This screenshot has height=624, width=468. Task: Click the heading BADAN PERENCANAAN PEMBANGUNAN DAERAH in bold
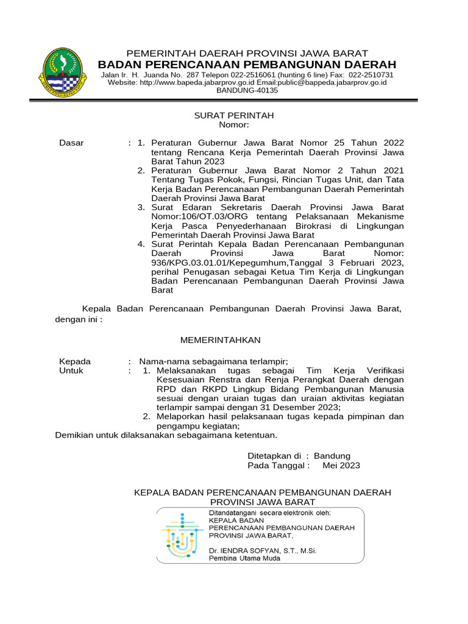(x=247, y=65)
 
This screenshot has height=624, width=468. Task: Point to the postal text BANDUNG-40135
(x=247, y=90)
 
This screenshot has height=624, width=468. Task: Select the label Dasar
(x=71, y=143)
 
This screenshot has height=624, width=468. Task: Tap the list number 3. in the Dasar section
(x=141, y=207)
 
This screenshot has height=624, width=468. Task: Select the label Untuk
(x=71, y=370)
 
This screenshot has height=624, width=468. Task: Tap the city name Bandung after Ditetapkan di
(x=332, y=456)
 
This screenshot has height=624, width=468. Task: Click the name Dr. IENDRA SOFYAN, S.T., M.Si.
(x=263, y=550)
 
